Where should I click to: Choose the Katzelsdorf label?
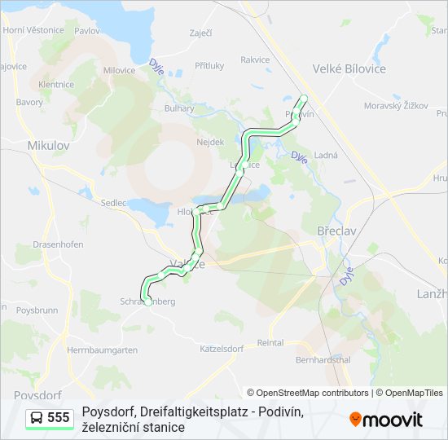222,348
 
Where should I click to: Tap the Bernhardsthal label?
323,359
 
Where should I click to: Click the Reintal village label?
270,344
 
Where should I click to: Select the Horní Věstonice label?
33,30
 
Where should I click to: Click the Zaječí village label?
200,33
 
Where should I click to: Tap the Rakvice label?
255,59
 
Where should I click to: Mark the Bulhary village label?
179,108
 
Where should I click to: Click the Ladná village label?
326,154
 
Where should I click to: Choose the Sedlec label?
115,202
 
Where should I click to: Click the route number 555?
59,418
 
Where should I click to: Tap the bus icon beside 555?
37,418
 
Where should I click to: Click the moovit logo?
386,420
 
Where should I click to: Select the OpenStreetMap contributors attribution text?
308,393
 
